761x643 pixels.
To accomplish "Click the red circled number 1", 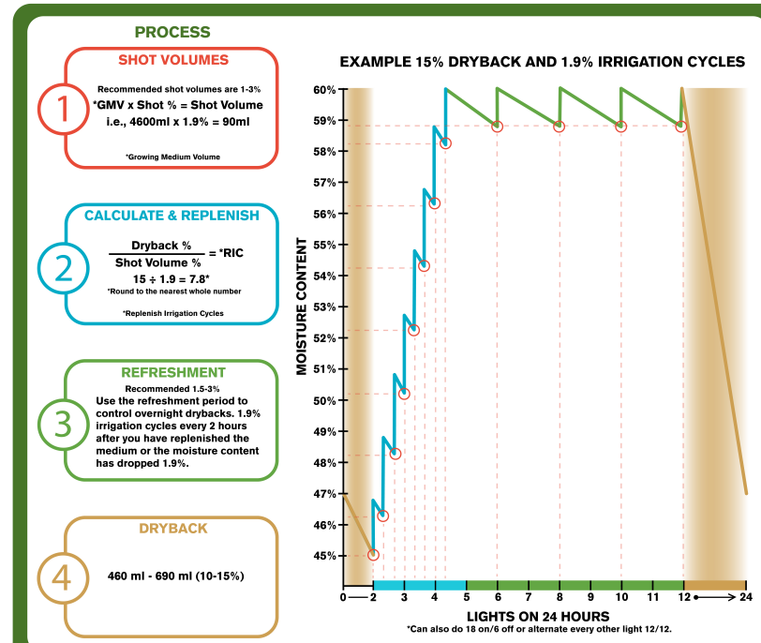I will (63, 110).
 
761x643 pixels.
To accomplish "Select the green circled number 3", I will (63, 423).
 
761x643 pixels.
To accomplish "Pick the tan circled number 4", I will (63, 576).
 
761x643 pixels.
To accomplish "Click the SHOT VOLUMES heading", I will (172, 60).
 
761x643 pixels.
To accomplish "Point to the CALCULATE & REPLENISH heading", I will (172, 216).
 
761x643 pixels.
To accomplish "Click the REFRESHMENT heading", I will (172, 372).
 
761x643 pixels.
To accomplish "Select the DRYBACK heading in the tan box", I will (172, 528).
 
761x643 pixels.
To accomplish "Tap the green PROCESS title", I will (172, 32).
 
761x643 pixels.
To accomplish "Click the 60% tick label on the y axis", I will (324, 90).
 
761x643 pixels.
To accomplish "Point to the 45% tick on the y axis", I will (324, 556).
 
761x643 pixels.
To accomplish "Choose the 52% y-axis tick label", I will (324, 338).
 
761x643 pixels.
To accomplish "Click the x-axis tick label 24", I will (746, 597).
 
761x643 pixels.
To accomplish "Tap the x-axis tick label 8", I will (560, 597).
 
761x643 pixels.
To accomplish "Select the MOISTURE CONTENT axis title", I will (303, 307).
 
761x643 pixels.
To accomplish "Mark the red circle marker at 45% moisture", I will (374, 555).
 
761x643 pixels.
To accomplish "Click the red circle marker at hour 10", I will (620, 127).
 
